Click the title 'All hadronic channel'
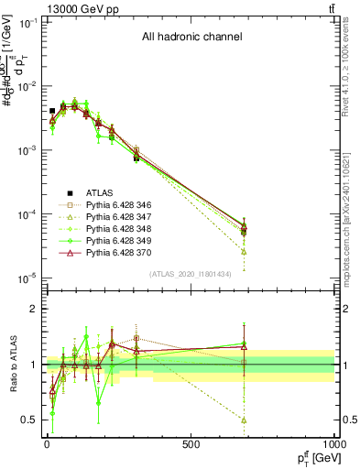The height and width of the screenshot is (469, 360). pos(191,38)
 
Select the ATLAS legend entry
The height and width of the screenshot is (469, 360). pos(100,192)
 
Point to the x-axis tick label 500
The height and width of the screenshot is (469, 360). pos(191,444)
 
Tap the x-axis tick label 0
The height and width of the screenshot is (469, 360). pos(47,444)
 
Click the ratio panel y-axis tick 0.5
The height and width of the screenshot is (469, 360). pos(27,420)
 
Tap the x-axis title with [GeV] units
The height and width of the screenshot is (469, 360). pos(311,457)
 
